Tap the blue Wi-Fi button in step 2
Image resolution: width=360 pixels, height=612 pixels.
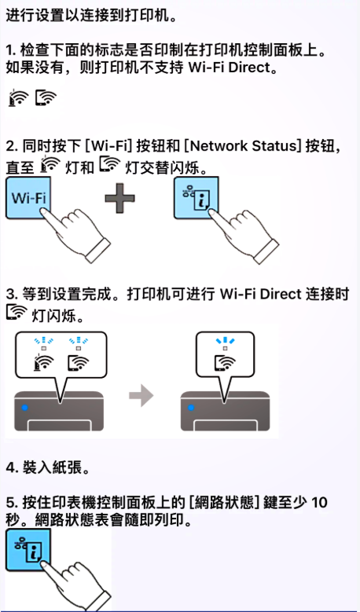click(28, 197)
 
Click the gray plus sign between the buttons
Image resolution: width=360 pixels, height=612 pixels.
click(120, 198)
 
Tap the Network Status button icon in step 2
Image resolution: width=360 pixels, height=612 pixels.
click(196, 197)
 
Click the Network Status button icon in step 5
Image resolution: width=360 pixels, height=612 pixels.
click(28, 550)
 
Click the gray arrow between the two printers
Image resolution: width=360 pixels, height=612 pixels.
click(141, 396)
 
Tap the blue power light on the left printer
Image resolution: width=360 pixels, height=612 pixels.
click(25, 408)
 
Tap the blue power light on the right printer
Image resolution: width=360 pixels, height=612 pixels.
click(191, 408)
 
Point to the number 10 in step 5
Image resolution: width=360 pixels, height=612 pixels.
click(319, 502)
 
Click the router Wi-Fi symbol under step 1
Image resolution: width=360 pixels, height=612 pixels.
click(18, 97)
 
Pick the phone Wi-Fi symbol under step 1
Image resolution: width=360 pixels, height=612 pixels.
click(46, 97)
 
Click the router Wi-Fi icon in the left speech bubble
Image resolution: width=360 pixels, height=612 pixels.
click(44, 363)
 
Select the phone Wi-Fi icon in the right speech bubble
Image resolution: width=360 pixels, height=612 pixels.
click(226, 363)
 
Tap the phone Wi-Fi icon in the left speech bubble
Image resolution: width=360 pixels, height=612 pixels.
click(78, 363)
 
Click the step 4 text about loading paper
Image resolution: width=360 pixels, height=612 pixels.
click(48, 467)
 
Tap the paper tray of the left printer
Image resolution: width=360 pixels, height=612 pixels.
click(59, 426)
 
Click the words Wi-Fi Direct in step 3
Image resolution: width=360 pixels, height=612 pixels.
click(260, 295)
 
